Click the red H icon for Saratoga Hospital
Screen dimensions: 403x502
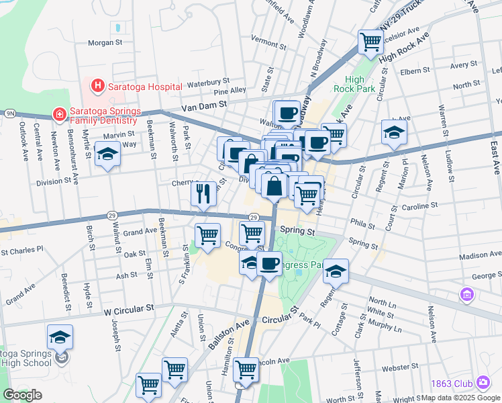click(x=98, y=85)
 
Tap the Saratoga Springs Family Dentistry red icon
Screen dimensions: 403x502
click(x=59, y=115)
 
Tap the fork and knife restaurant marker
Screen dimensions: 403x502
click(x=203, y=193)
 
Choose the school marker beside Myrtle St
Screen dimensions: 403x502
click(x=106, y=156)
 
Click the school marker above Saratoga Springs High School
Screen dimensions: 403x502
click(x=60, y=337)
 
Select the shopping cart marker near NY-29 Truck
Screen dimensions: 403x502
click(x=370, y=42)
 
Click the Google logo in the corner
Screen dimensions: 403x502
click(x=22, y=395)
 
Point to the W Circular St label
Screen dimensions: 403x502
click(x=129, y=312)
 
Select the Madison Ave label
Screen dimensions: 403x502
click(x=480, y=256)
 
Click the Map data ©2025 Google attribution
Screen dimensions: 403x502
click(x=459, y=397)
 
